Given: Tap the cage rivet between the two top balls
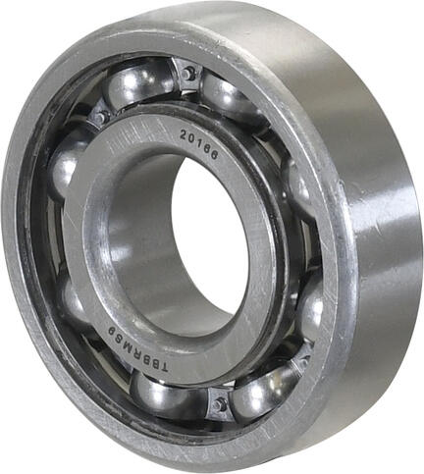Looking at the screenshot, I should click(187, 73).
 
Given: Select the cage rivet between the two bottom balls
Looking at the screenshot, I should click(220, 401).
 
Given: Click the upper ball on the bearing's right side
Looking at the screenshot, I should click(298, 186).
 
